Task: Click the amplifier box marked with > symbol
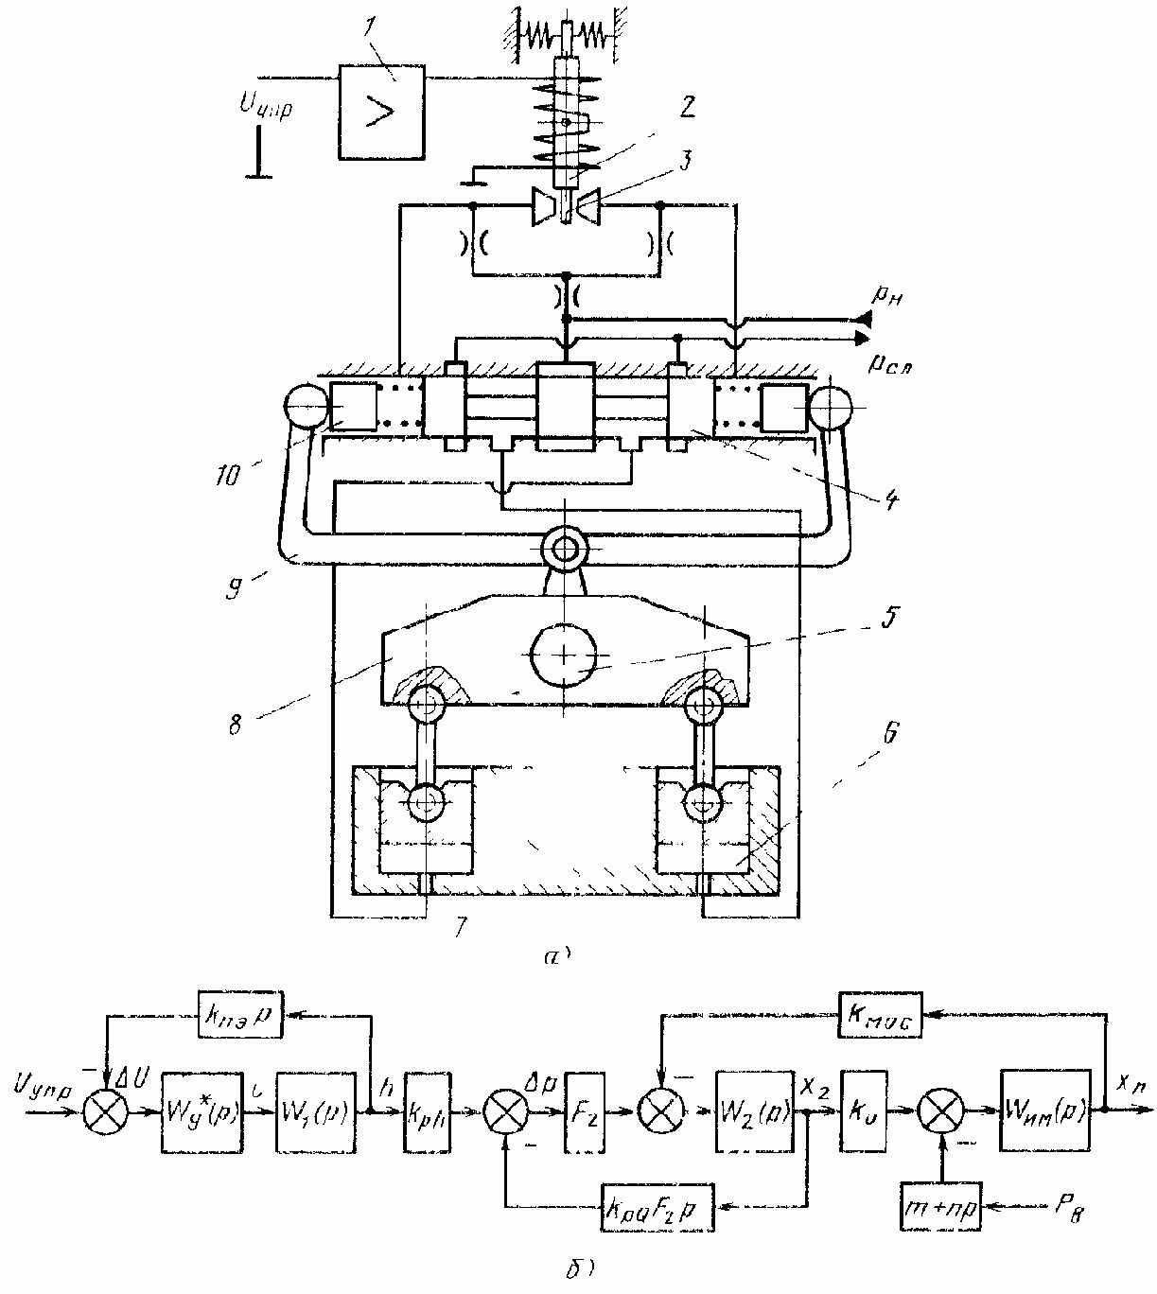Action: click(381, 114)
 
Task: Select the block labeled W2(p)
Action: click(753, 1113)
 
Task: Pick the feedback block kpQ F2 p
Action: click(656, 1208)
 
